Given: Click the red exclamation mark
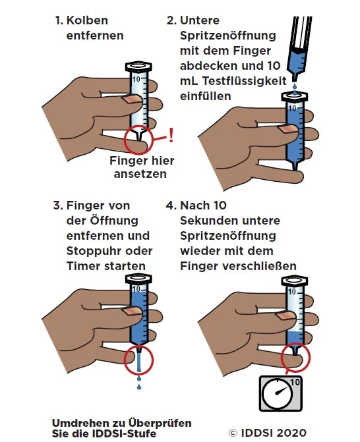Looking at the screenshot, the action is point(170,135).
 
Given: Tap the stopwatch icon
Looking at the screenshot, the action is point(281,393).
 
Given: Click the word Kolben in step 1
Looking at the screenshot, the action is point(87,20).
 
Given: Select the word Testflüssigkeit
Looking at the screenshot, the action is point(245,81).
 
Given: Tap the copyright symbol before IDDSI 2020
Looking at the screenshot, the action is point(233,432).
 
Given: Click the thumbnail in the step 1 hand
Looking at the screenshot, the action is point(131,99).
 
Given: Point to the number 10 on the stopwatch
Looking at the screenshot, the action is point(295,382).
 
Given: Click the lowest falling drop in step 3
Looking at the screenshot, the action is point(139,387).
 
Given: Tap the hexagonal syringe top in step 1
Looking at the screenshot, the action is point(138,67).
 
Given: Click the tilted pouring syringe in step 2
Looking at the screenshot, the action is point(299,48).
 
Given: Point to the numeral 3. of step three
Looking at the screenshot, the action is point(58,206).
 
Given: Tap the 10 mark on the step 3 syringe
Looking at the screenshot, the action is point(136,289).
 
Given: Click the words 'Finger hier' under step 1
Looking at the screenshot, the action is point(142,161).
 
